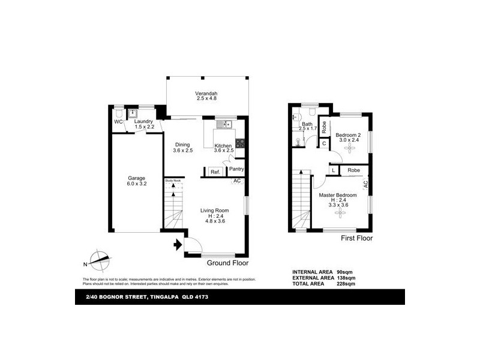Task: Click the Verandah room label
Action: pyautogui.click(x=205, y=94)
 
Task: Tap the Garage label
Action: pyautogui.click(x=137, y=178)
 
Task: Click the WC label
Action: pyautogui.click(x=118, y=122)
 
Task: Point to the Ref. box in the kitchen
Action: pyautogui.click(x=215, y=172)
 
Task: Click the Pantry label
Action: pyautogui.click(x=236, y=169)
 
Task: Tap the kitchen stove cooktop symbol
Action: pyautogui.click(x=240, y=143)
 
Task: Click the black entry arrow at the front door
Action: pyautogui.click(x=178, y=244)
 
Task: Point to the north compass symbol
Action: pyautogui.click(x=98, y=259)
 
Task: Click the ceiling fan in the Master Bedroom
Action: pyautogui.click(x=339, y=212)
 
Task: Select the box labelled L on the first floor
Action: pyautogui.click(x=333, y=171)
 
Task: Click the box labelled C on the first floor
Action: pyautogui.click(x=324, y=143)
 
